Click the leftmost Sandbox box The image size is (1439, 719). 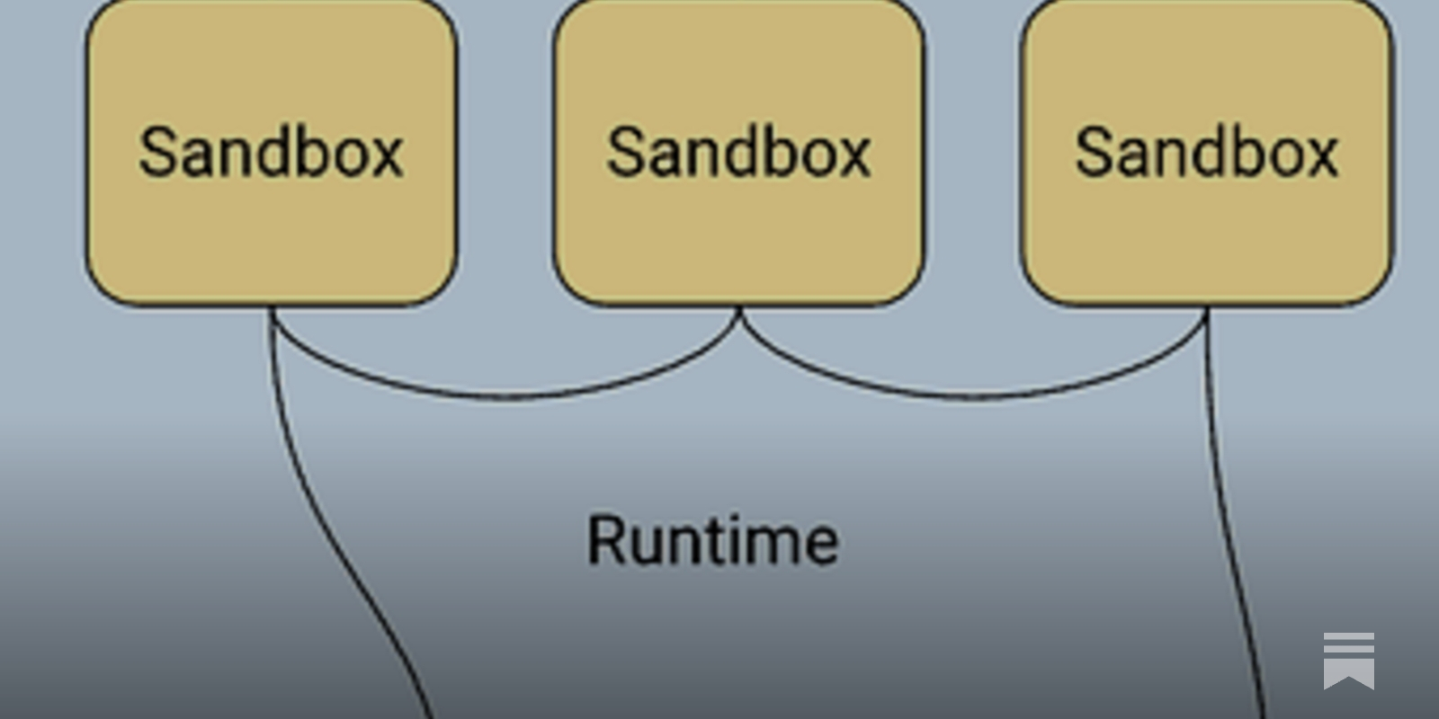coord(271,152)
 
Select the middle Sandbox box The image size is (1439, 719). coord(738,152)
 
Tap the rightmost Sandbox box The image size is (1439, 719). coord(1206,152)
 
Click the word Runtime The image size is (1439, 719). coord(713,540)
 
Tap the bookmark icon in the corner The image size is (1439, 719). coord(1349,661)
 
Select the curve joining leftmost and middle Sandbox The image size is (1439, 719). coord(507,398)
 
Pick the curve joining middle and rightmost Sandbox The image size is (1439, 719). coord(973,398)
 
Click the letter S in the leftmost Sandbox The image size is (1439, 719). coord(157,153)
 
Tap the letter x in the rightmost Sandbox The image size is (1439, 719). coord(1320,158)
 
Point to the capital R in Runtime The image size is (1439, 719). coord(606,540)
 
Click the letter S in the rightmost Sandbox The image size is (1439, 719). coord(1093,153)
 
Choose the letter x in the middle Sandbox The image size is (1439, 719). coord(853,158)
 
